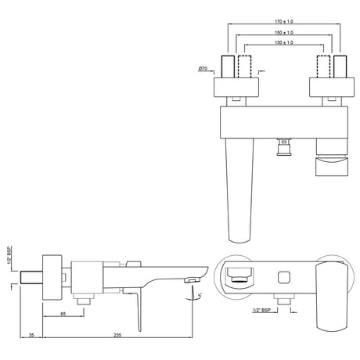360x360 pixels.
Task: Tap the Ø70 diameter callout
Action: pos(203,70)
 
